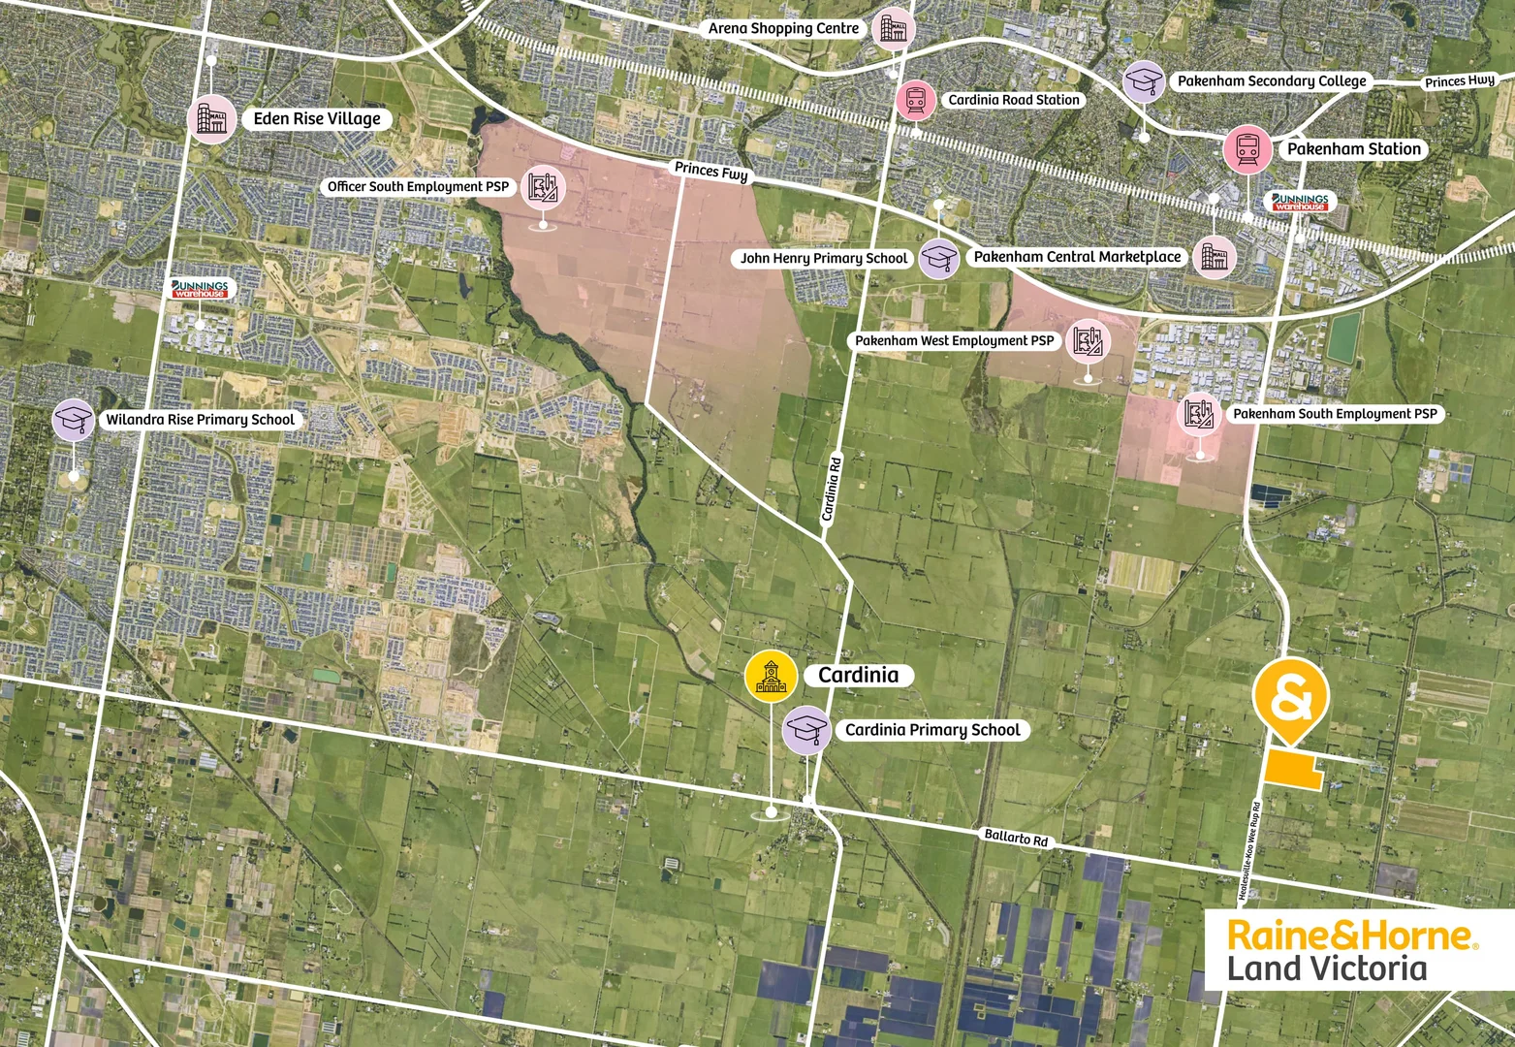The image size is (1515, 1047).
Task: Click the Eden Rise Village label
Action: (x=317, y=119)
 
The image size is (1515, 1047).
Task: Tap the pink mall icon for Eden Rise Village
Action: (x=211, y=118)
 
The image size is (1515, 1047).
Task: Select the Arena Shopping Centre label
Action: (x=783, y=29)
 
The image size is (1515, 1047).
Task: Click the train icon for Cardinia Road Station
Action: (x=916, y=100)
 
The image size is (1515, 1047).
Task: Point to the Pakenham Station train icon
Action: (x=1247, y=149)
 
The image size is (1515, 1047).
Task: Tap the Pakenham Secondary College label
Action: (x=1272, y=81)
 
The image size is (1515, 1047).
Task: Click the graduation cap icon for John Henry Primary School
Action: (x=938, y=258)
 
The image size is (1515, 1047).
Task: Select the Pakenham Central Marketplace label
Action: (x=1077, y=257)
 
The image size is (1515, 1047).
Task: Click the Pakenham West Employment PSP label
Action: (x=954, y=341)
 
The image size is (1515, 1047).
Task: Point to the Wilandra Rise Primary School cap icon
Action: (x=74, y=420)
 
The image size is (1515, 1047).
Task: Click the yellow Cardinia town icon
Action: (x=771, y=675)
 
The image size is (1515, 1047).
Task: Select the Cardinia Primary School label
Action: (x=932, y=730)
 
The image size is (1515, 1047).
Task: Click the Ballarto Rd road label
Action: (x=1016, y=837)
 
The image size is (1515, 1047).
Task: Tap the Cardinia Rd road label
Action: (x=831, y=490)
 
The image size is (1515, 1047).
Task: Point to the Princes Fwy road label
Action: (x=711, y=172)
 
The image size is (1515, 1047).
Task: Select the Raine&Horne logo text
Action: (x=1352, y=936)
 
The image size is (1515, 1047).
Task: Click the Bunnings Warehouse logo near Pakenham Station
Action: (x=1300, y=202)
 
